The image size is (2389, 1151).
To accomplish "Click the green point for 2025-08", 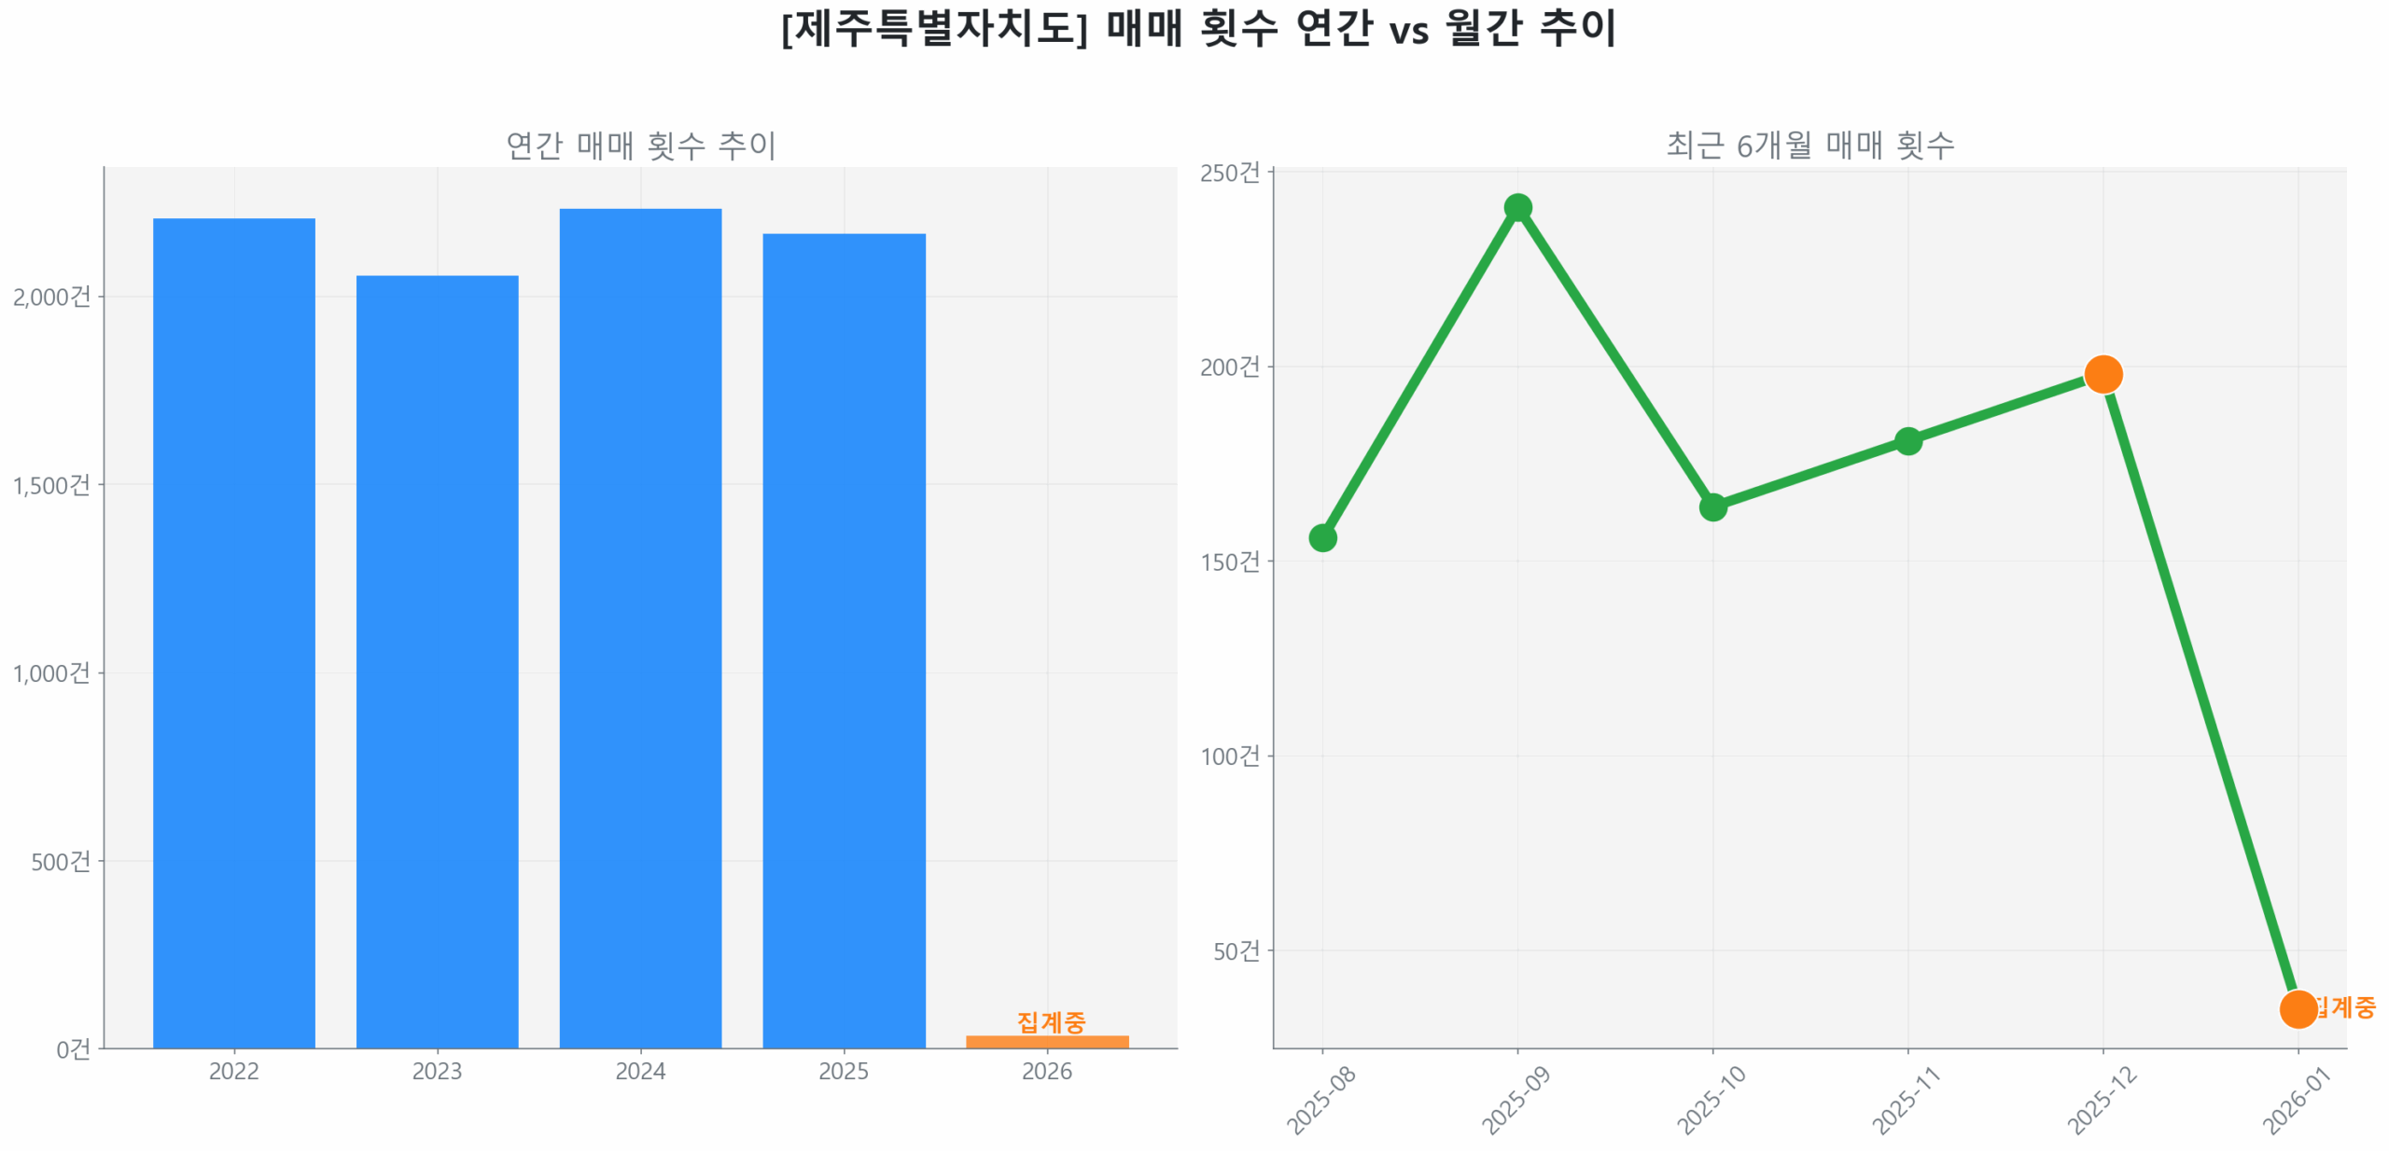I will [x=1321, y=537].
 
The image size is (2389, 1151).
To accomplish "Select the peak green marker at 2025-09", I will [x=1516, y=207].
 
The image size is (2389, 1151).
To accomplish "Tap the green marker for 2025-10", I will [x=1711, y=506].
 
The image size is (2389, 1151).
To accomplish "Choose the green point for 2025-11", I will [x=1907, y=440].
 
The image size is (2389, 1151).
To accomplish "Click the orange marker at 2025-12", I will [x=2102, y=374].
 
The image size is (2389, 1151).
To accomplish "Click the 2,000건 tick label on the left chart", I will [x=51, y=297].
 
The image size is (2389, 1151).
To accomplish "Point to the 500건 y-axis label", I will [x=61, y=860].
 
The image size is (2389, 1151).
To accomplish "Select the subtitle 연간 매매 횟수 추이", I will [x=640, y=145].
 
